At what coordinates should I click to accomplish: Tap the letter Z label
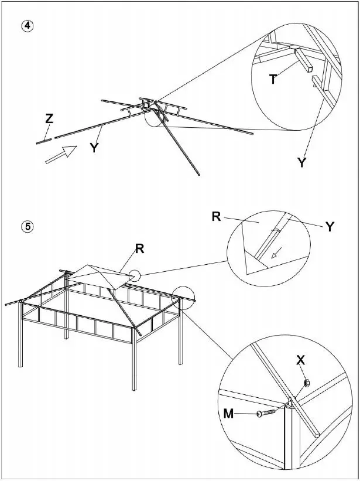(x=49, y=119)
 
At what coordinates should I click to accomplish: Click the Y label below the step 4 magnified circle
(x=301, y=163)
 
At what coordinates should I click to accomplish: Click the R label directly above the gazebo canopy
(x=139, y=248)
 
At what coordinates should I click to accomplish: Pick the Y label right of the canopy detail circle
(x=330, y=227)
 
